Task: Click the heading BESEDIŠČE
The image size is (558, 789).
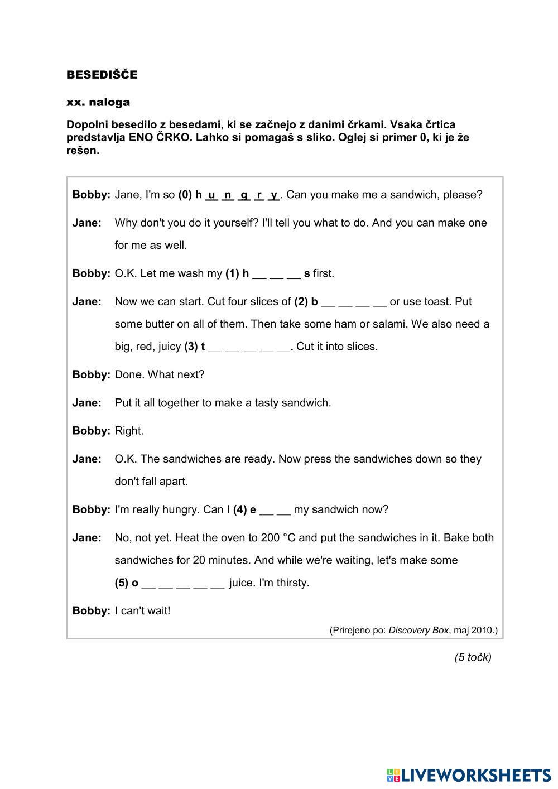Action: tap(102, 75)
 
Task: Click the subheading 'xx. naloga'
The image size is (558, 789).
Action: tap(98, 102)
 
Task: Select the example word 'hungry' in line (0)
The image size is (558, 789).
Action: tap(240, 195)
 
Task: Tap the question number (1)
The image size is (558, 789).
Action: tap(232, 273)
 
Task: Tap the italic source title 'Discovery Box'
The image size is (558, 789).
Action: tap(419, 630)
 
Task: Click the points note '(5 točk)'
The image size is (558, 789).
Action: tap(473, 657)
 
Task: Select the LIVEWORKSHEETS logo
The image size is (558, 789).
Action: tap(469, 775)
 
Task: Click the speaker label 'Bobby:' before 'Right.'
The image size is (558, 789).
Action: tap(91, 431)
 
